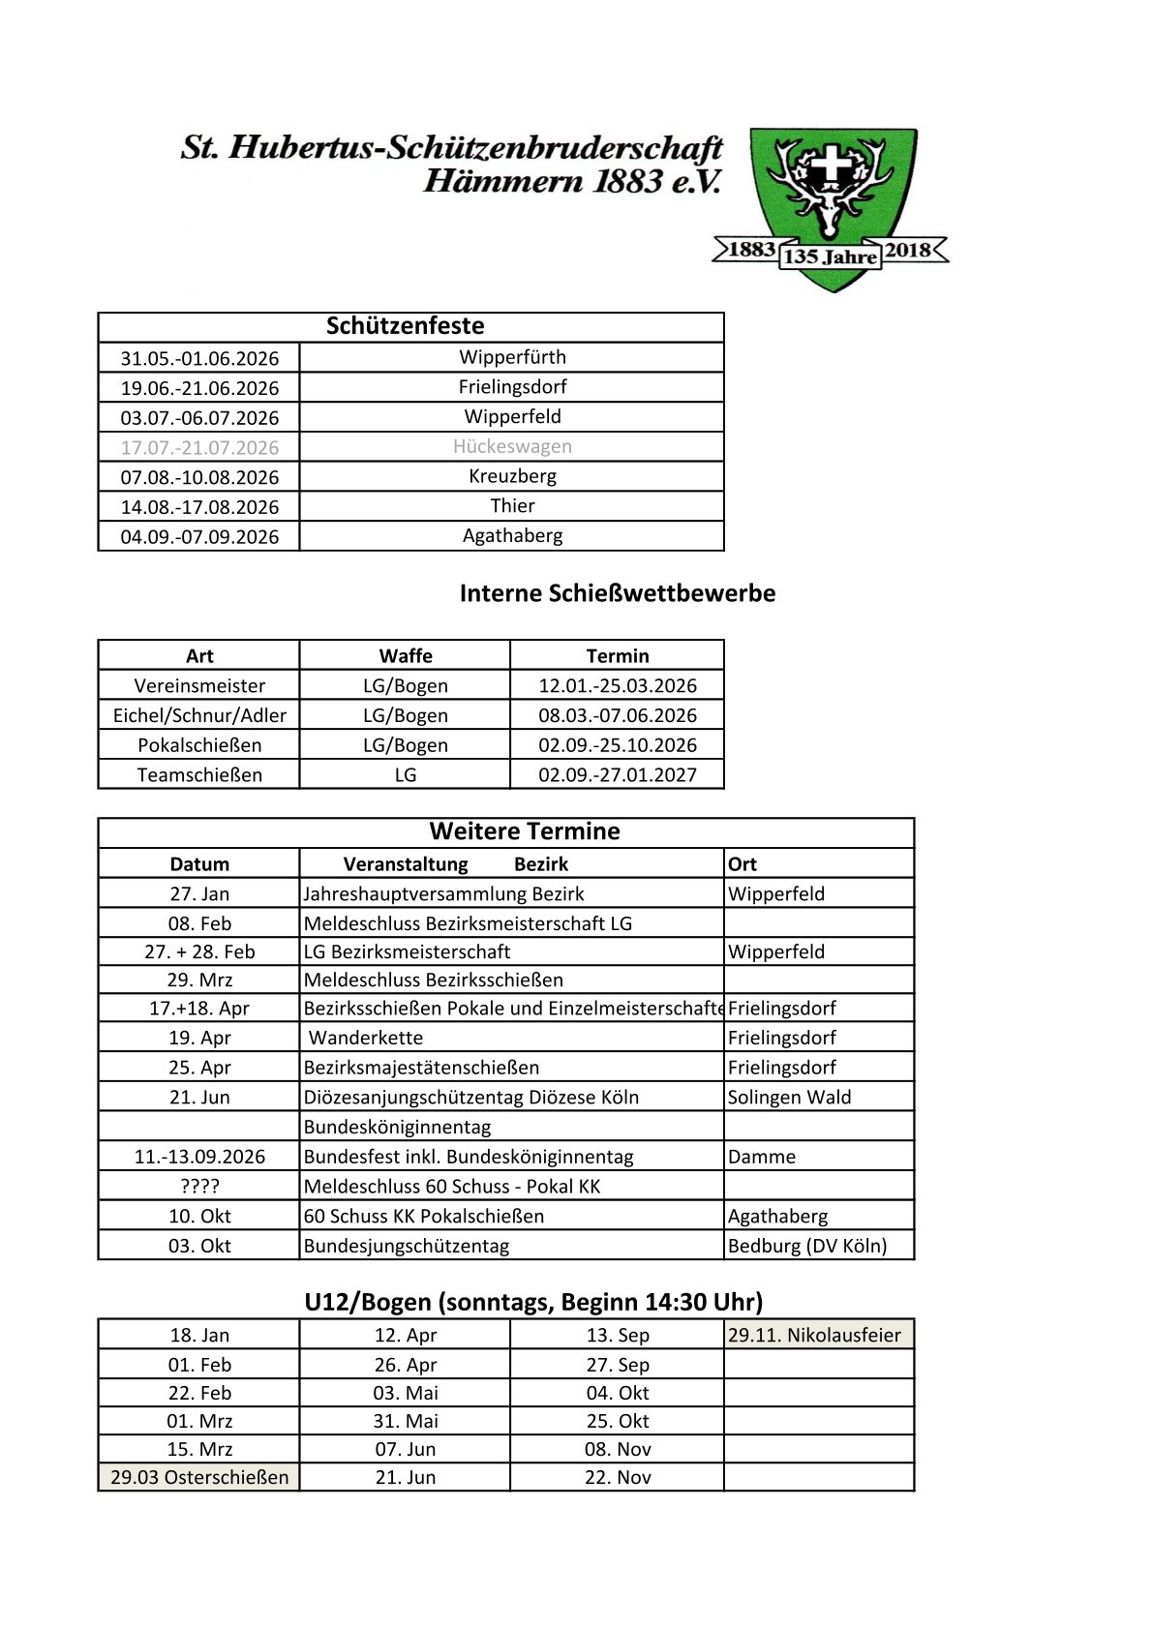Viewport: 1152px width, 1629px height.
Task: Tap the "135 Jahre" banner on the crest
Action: coord(830,257)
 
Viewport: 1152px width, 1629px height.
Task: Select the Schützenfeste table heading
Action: coord(405,326)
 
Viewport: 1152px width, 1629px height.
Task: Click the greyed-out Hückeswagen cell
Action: coord(512,447)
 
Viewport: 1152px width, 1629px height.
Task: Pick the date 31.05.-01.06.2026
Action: coord(199,358)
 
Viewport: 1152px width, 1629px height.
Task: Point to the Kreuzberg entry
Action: coord(512,476)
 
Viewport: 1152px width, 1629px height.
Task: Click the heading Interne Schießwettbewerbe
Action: coord(617,593)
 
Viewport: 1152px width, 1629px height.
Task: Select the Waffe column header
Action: coord(406,656)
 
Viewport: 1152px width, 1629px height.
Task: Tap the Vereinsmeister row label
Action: coord(199,686)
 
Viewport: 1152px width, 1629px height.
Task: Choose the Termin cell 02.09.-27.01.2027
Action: coord(617,775)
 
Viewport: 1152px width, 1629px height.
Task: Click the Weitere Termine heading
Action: coord(525,831)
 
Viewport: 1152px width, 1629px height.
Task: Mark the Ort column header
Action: coord(743,864)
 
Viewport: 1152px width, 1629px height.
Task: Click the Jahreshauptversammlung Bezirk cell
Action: coord(443,894)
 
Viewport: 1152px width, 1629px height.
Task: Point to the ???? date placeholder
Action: coord(199,1187)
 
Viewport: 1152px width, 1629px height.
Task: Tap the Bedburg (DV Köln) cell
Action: coord(807,1246)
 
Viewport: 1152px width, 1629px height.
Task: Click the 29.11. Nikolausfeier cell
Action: coord(814,1336)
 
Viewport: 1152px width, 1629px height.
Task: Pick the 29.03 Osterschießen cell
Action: coord(199,1478)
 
